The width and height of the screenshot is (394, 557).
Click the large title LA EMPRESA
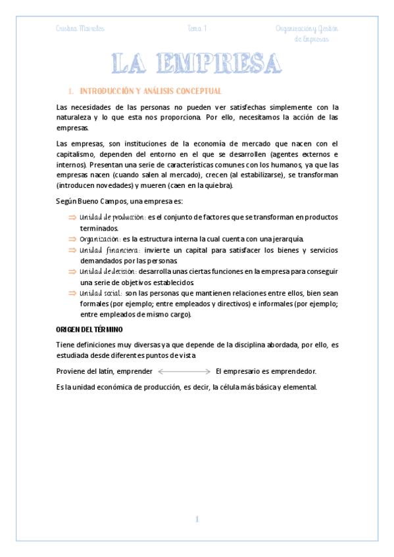tap(197, 65)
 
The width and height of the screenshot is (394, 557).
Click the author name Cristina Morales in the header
tap(80, 28)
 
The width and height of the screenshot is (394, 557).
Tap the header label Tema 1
tap(197, 28)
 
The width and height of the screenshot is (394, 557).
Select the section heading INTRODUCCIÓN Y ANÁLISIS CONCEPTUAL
tap(150, 91)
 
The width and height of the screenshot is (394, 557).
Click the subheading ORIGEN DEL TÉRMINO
tap(91, 328)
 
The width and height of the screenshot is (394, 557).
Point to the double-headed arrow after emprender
tap(185, 372)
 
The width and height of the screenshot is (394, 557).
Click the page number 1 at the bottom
tap(196, 520)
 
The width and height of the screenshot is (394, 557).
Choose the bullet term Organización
tap(99, 239)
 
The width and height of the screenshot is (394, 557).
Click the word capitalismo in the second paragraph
tap(80, 154)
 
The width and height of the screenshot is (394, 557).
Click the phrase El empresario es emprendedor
tap(266, 372)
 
